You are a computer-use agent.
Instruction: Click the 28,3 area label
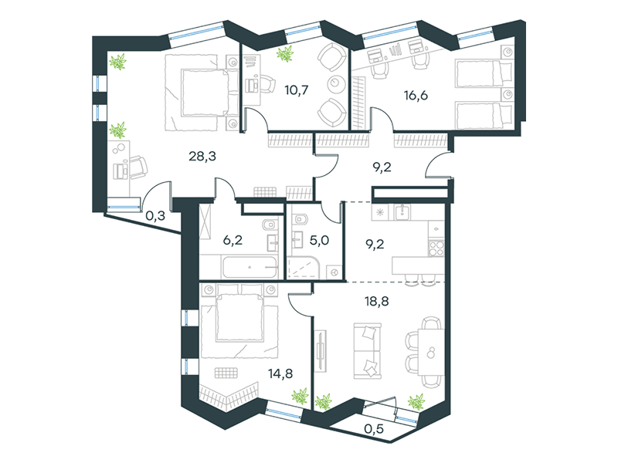click(202, 157)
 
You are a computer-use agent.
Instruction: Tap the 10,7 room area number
click(297, 90)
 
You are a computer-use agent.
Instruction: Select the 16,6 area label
click(416, 95)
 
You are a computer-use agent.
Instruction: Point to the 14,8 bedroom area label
click(280, 373)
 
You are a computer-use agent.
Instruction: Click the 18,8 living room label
click(377, 302)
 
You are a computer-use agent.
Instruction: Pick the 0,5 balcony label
click(374, 429)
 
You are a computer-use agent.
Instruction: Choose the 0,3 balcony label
click(155, 216)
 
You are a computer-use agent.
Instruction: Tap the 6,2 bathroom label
click(233, 240)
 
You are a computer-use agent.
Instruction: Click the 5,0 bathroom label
click(319, 240)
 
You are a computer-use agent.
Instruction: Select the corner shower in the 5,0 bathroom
click(303, 267)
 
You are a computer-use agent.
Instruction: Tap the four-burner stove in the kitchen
click(436, 248)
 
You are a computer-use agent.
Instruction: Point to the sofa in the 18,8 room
click(368, 351)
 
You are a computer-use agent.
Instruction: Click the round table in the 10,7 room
click(336, 83)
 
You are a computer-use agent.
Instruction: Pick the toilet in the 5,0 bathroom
click(301, 218)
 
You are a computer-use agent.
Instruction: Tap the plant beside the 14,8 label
click(300, 396)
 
